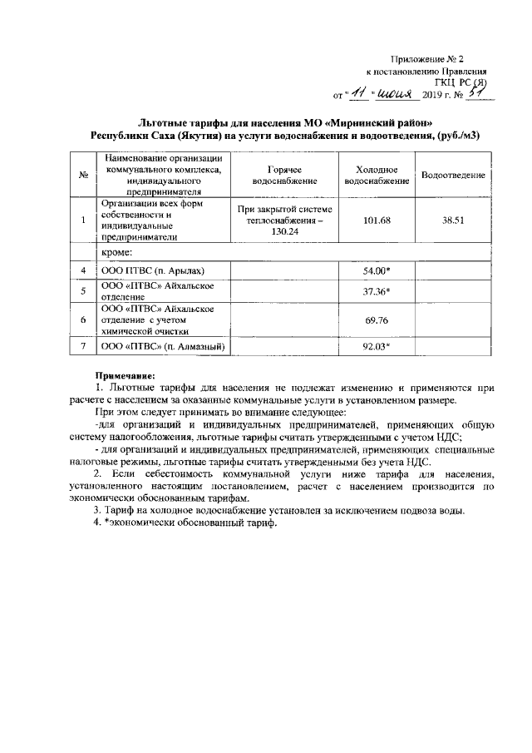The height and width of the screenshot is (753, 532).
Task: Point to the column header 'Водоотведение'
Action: click(454, 175)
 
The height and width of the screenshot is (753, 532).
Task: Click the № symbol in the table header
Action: click(84, 175)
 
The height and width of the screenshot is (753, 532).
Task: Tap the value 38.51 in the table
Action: click(454, 220)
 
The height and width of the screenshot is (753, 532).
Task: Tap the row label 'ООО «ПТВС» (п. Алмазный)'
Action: click(163, 348)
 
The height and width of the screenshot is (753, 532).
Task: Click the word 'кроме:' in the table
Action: click(118, 251)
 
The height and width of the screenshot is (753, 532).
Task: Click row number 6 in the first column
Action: click(84, 320)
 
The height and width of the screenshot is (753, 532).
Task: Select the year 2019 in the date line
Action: click(436, 97)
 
